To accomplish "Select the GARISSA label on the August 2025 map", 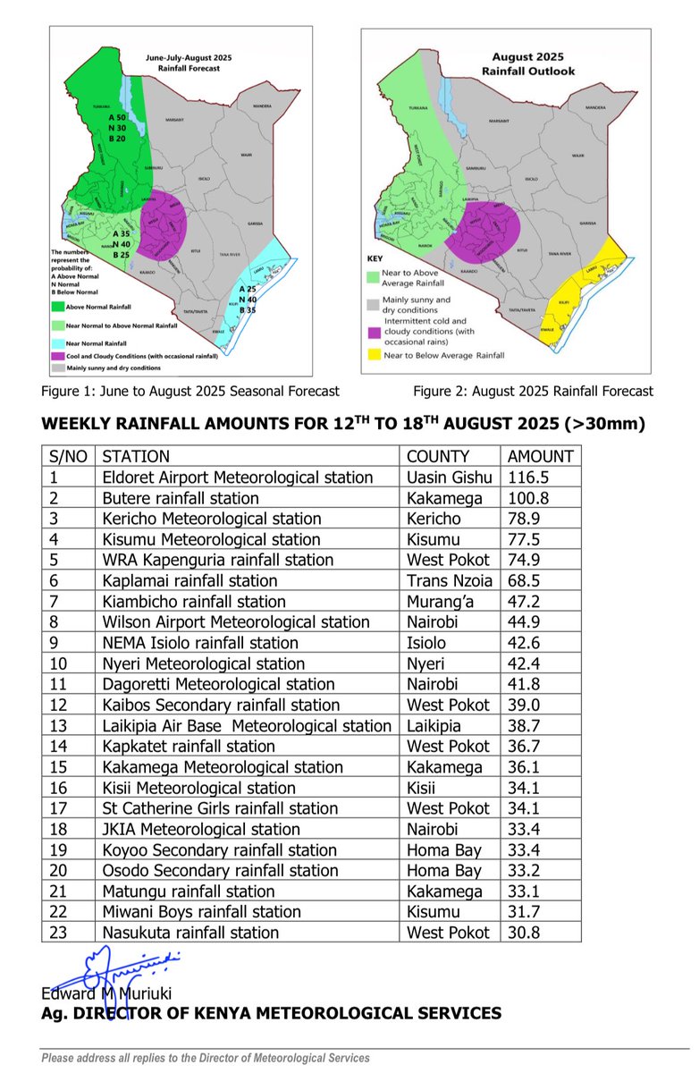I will coord(587,223).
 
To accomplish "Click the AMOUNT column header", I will coord(540,456).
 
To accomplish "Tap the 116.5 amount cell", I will coord(527,477).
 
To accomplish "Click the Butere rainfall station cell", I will coord(181,498).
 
